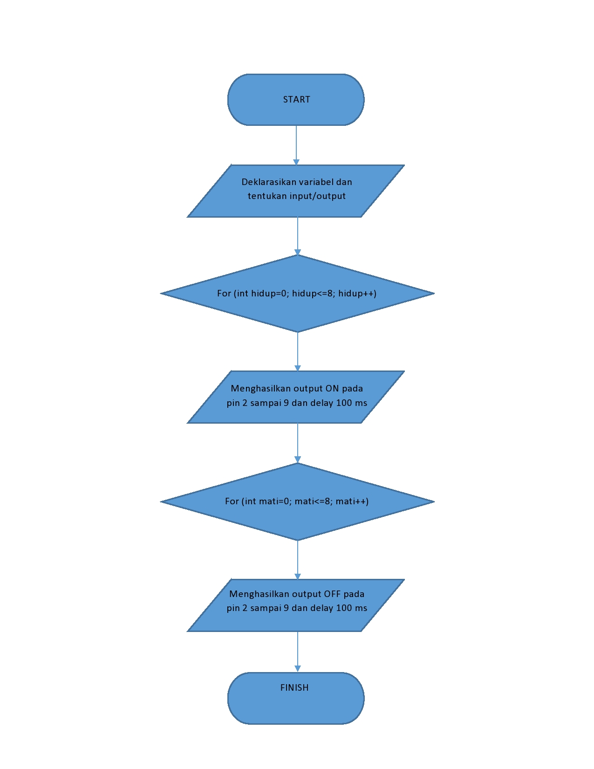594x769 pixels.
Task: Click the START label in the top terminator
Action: click(x=296, y=99)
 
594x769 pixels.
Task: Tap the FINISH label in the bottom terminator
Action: click(x=294, y=687)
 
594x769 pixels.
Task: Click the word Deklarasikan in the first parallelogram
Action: click(x=262, y=182)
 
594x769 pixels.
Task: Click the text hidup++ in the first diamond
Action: click(x=357, y=293)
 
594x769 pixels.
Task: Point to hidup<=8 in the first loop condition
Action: click(x=313, y=293)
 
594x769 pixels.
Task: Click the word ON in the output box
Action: click(x=332, y=388)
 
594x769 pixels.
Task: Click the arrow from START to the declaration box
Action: click(x=296, y=144)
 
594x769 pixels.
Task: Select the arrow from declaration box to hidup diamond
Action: click(x=298, y=235)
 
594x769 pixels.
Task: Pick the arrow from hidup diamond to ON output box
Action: click(x=298, y=351)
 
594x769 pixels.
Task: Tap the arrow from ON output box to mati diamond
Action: click(x=298, y=443)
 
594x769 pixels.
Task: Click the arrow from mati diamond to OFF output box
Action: click(x=298, y=559)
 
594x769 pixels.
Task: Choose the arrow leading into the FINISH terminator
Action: click(x=298, y=652)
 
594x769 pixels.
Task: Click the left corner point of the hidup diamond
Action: click(x=162, y=294)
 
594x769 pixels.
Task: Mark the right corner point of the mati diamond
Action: click(x=433, y=502)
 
